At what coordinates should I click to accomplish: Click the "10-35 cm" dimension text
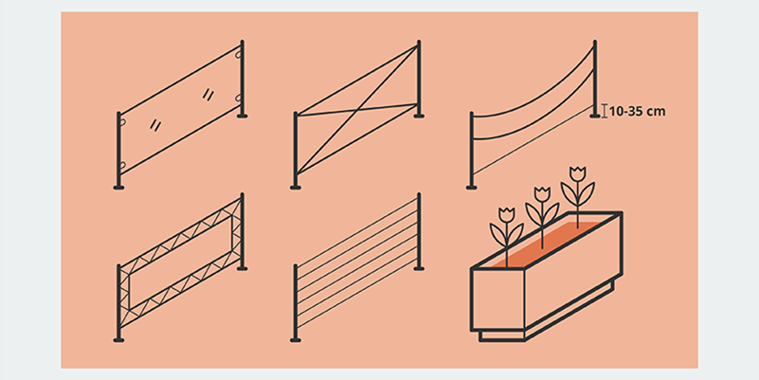point(637,111)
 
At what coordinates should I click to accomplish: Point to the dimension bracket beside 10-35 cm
point(605,111)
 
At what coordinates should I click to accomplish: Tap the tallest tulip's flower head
point(577,173)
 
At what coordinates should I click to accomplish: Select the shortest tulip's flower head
point(507,214)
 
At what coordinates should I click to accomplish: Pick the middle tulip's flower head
point(542,194)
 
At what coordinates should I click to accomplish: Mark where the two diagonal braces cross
point(355,113)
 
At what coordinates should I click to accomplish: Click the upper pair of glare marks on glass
point(208,94)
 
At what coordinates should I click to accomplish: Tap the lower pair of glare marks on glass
point(155,125)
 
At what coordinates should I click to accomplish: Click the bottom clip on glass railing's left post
point(122,167)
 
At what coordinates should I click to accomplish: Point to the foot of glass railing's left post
point(118,188)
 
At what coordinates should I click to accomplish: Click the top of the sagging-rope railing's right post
point(595,42)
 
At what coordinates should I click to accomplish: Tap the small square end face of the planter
point(497,299)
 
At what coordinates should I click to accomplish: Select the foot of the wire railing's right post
point(419,269)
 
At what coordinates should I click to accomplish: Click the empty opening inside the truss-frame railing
point(180,263)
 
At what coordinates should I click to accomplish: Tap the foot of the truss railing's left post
point(118,340)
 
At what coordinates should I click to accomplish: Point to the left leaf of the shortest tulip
point(497,234)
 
